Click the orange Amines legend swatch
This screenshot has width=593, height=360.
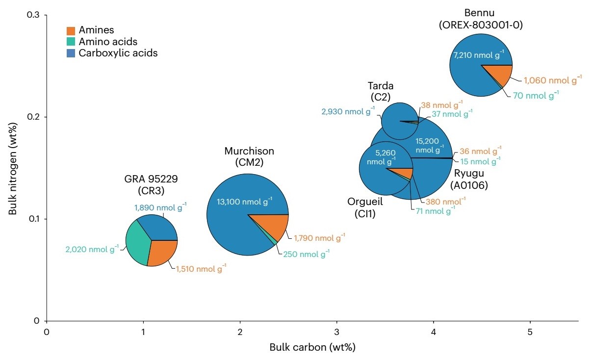click(x=71, y=31)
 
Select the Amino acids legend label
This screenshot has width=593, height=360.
click(x=108, y=42)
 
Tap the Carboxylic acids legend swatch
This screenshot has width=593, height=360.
click(x=71, y=53)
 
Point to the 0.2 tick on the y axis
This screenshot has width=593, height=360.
click(x=45, y=117)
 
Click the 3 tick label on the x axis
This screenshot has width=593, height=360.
click(x=337, y=332)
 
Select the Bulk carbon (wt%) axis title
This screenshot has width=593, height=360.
click(x=312, y=347)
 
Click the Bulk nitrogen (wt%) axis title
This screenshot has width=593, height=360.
click(x=12, y=169)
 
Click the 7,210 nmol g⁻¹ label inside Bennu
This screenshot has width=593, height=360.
click(x=479, y=55)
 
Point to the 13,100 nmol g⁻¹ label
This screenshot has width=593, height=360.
click(x=244, y=202)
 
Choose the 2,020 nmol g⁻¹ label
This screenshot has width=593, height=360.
click(x=92, y=249)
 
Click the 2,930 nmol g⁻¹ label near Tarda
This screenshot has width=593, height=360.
click(x=348, y=111)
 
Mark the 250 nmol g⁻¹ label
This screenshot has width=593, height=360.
click(x=306, y=254)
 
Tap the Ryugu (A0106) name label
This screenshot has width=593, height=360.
click(x=469, y=179)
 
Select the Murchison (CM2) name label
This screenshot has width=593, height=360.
click(x=249, y=156)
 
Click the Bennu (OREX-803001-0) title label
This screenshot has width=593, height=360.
click(x=481, y=19)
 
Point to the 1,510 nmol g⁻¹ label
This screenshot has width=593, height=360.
click(x=201, y=269)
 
